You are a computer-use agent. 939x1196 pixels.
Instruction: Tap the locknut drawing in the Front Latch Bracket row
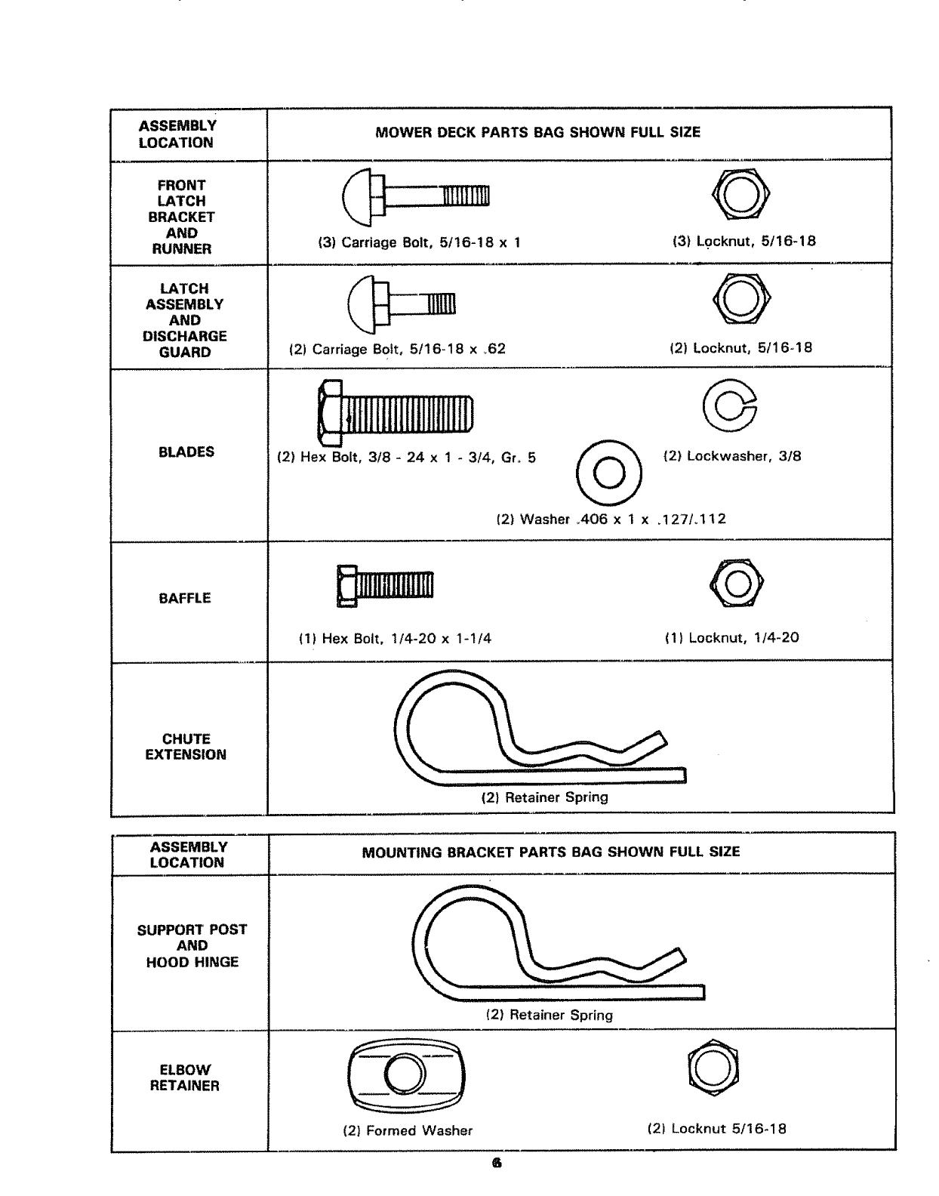(740, 194)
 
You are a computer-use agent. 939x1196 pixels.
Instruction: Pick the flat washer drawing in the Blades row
(608, 473)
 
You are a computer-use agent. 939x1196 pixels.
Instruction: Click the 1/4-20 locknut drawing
(737, 584)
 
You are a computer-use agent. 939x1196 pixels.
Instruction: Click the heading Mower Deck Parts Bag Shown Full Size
(537, 133)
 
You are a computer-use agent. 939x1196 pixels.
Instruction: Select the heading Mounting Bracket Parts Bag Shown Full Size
(550, 852)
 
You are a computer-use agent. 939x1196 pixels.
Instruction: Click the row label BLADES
(186, 452)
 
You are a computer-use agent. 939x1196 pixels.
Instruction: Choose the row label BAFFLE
(184, 599)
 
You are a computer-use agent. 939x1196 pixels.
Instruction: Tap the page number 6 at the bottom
(496, 1164)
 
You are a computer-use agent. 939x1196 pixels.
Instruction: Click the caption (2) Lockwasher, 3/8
(731, 456)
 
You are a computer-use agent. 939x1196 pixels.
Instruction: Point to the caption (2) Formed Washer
(408, 1130)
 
